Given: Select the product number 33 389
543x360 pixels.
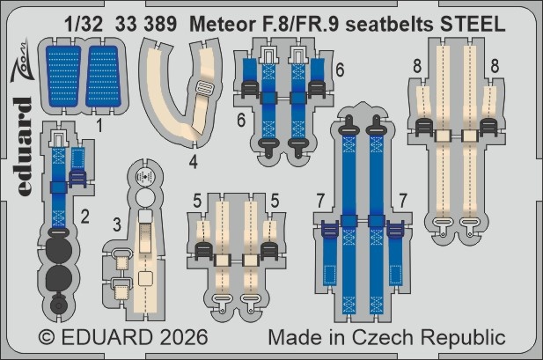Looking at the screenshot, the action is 146,25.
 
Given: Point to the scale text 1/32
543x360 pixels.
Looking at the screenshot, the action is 84,25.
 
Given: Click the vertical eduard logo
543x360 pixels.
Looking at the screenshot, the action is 24,146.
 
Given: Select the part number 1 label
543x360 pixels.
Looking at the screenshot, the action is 99,126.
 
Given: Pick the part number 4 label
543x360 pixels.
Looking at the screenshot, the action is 194,162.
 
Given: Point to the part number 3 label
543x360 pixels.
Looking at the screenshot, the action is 117,224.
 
